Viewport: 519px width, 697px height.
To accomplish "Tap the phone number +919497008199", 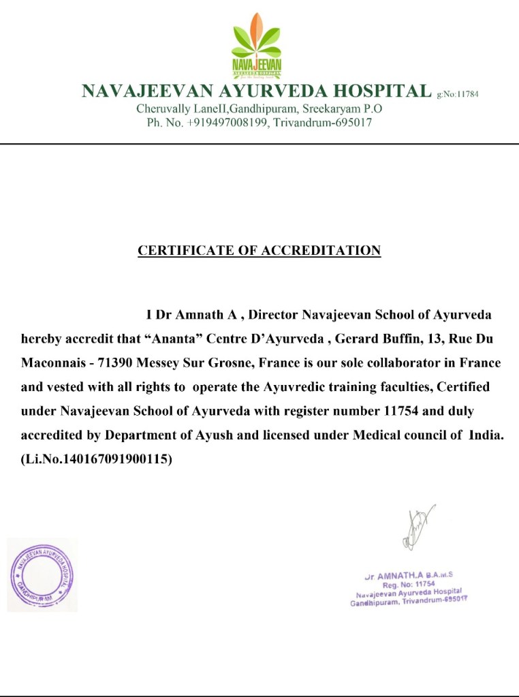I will [x=219, y=123].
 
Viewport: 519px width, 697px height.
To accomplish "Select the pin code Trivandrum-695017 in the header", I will [x=323, y=123].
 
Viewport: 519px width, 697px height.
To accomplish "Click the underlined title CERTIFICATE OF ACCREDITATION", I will [x=259, y=251].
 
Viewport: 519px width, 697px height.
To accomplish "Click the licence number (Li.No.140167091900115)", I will [x=97, y=460].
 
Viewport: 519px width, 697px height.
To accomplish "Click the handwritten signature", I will [x=416, y=528].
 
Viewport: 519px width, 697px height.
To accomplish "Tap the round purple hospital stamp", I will [x=42, y=574].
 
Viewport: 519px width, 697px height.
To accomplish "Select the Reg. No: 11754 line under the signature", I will [x=408, y=584].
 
